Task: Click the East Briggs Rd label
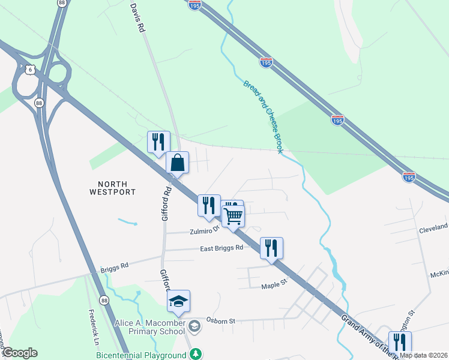[221, 247]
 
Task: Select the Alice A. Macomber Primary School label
[150, 327]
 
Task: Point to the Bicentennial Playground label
[142, 355]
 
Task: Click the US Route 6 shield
[30, 70]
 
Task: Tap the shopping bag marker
[178, 162]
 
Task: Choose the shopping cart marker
[234, 215]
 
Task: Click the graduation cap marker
[178, 301]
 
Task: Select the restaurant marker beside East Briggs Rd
[271, 247]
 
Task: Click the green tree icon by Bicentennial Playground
[195, 354]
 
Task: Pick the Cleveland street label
[433, 228]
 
